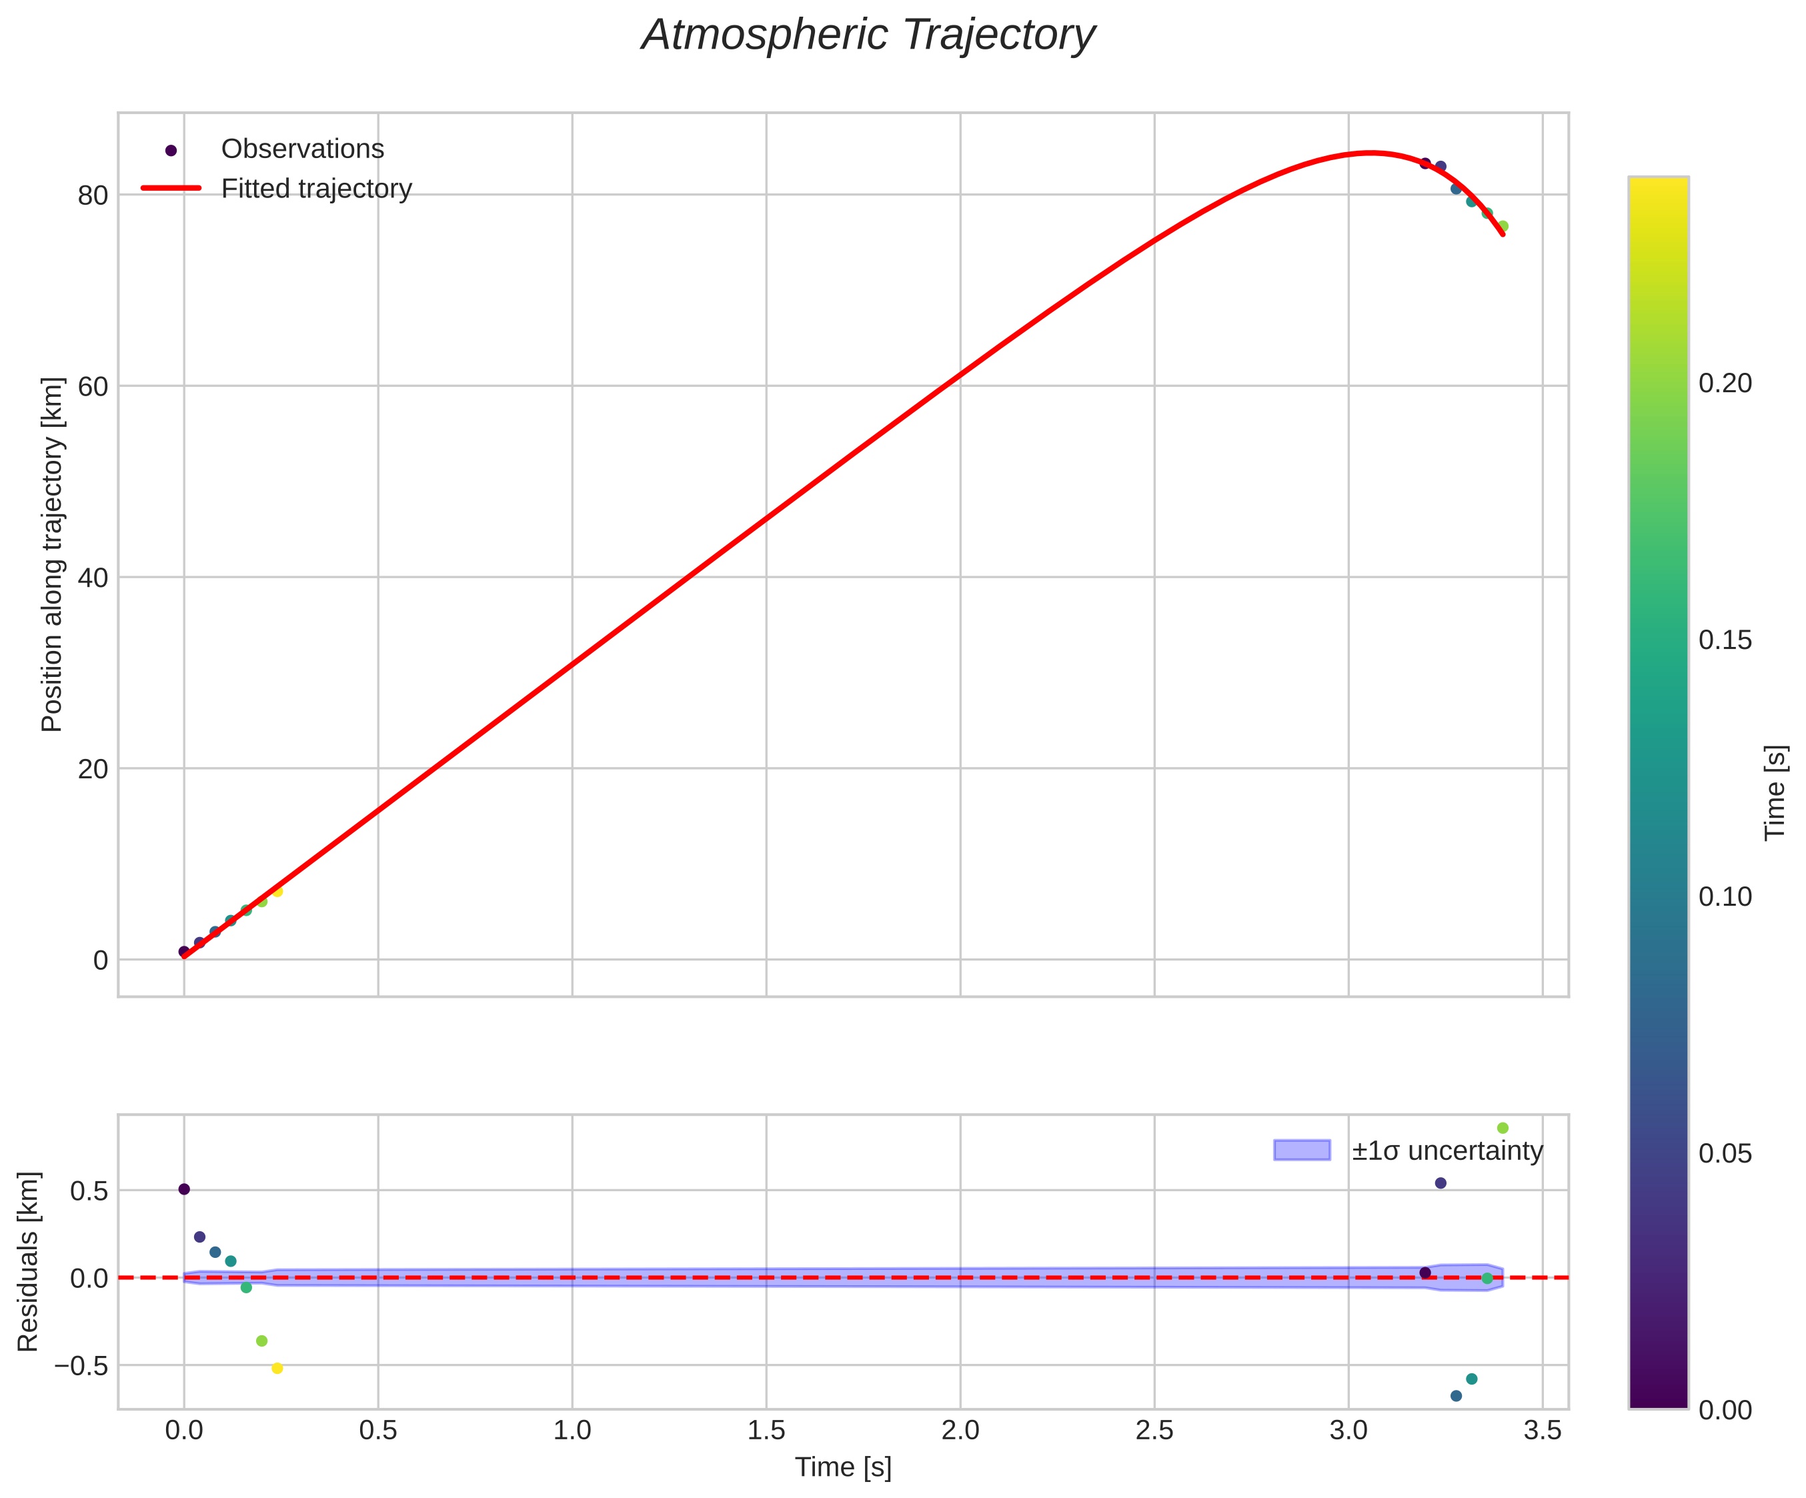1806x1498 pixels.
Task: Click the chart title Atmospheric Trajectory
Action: coord(868,36)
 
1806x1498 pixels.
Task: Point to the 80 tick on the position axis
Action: coord(93,195)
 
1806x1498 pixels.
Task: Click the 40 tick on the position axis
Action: coord(93,578)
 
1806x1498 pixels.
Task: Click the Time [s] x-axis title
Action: coord(843,1468)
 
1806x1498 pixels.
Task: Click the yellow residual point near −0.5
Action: coord(277,1368)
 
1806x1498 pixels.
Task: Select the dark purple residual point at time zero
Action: coord(184,1189)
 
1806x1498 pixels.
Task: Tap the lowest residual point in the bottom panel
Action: coord(1456,1396)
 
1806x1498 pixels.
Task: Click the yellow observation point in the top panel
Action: coord(277,892)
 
